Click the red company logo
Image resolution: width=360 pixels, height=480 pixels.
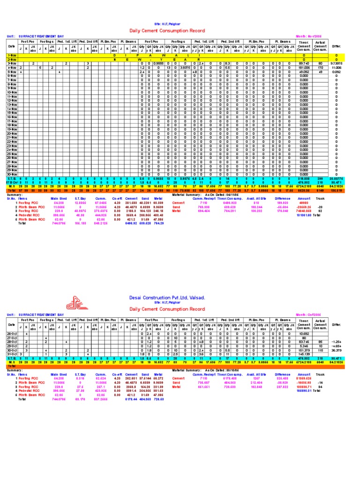click(81, 301)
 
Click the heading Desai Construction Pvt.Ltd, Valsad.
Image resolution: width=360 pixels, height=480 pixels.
click(167, 298)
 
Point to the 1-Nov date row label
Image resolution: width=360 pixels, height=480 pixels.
click(12, 55)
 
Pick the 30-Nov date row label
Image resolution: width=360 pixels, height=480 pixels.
click(12, 174)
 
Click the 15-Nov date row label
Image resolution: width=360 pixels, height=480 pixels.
click(12, 112)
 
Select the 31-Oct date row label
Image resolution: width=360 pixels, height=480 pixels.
click(12, 354)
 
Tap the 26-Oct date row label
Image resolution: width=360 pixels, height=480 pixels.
click(12, 334)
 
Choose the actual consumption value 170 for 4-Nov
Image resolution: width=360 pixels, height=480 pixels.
click(321, 67)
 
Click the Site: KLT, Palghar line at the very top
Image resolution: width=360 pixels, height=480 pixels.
click(167, 23)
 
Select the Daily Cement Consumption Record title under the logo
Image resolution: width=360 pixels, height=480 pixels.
click(167, 309)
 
